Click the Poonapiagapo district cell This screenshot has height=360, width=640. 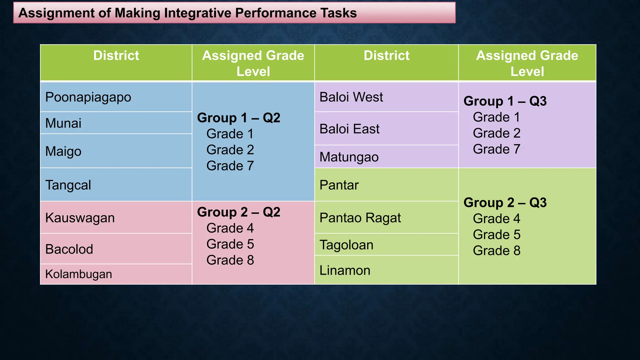pyautogui.click(x=88, y=97)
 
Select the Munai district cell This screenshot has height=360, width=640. pyautogui.click(x=63, y=123)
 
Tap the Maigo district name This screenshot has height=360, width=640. pyautogui.click(x=63, y=151)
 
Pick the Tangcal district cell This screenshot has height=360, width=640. pyautogui.click(x=68, y=185)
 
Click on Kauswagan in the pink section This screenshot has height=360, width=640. pyautogui.click(x=80, y=218)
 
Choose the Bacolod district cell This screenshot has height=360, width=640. pyautogui.click(x=69, y=249)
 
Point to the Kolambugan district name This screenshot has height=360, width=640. pyautogui.click(x=79, y=274)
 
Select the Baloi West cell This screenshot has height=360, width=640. pyautogui.click(x=351, y=97)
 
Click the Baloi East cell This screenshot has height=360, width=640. pyautogui.click(x=349, y=129)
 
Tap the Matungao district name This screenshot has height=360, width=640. pyautogui.click(x=349, y=157)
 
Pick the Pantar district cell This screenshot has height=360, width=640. pyautogui.click(x=339, y=185)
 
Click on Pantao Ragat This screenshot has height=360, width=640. pyautogui.click(x=360, y=218)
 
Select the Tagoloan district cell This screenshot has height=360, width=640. pyautogui.click(x=346, y=245)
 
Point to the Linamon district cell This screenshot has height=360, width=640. pyautogui.click(x=345, y=270)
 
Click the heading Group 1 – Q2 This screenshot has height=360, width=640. pyautogui.click(x=239, y=118)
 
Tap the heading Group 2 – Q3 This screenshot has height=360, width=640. pyautogui.click(x=505, y=202)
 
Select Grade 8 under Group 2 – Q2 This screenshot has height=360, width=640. pyautogui.click(x=230, y=260)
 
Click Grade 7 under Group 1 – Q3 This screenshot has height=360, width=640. pyautogui.click(x=497, y=149)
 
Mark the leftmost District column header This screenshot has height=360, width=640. pyautogui.click(x=116, y=56)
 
